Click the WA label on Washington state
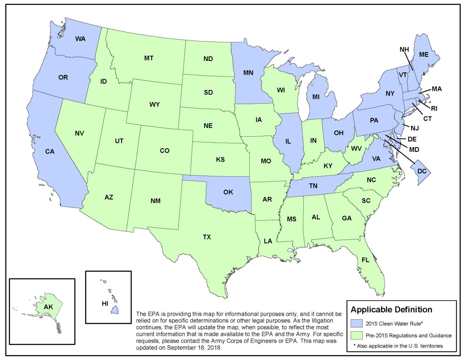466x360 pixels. tap(80, 39)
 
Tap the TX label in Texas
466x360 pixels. tap(207, 237)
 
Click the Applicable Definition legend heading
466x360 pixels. tap(391, 310)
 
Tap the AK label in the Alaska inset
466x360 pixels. tap(48, 307)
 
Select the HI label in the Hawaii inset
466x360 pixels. tap(104, 304)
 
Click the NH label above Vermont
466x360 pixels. tap(404, 49)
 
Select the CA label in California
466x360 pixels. tap(49, 152)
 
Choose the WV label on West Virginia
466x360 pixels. tap(356, 148)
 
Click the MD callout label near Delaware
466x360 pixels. tap(414, 149)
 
